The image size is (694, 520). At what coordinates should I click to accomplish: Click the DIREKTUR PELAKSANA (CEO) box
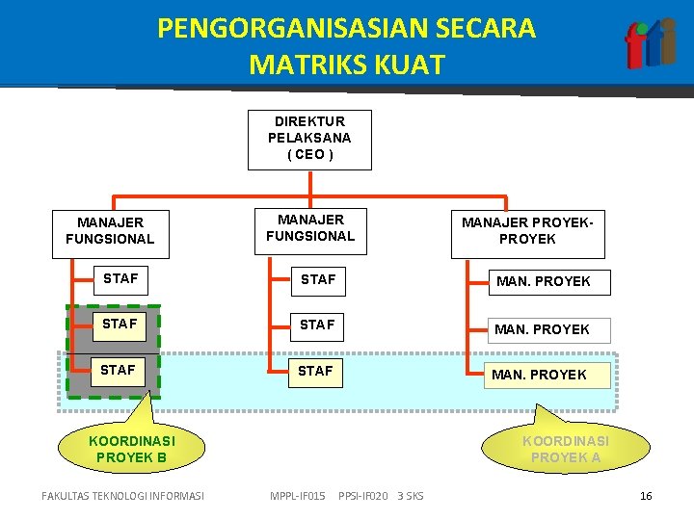[309, 139]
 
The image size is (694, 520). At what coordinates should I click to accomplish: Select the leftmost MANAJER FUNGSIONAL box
[110, 232]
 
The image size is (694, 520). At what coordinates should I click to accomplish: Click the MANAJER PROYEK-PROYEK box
[527, 232]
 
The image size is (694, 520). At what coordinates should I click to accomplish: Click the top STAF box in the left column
[121, 279]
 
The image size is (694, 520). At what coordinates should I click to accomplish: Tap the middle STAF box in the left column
[120, 325]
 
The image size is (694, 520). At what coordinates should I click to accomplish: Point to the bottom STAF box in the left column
[119, 370]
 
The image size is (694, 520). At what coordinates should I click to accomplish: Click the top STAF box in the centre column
[318, 280]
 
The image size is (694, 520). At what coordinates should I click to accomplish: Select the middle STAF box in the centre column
[317, 325]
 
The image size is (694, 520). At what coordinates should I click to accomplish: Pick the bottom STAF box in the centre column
[316, 371]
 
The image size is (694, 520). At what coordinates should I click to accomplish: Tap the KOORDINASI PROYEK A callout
[565, 449]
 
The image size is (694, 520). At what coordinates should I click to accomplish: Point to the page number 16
[646, 496]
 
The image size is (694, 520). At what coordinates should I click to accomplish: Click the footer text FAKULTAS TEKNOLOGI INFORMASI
[123, 497]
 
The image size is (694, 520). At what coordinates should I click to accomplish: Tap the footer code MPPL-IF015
[298, 497]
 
